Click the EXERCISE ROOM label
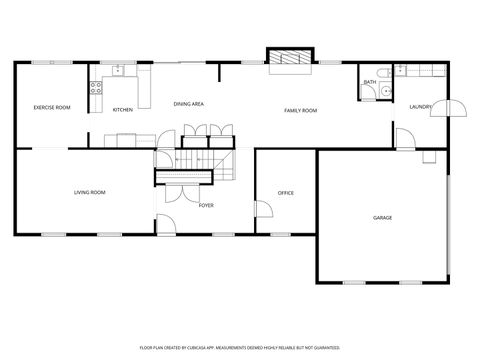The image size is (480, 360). pos(51,107)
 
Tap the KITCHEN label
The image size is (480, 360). pos(123,110)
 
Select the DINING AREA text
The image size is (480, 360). pos(189,104)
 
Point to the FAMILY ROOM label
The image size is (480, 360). pos(300,110)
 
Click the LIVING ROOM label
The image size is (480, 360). pos(89,192)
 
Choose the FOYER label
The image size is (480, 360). pos(206,205)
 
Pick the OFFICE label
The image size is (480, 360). pos(285,193)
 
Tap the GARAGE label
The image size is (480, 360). pos(382,217)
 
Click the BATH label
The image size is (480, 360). pos(370,82)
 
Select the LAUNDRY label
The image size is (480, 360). pos(421,106)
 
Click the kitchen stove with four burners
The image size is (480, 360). pos(97,87)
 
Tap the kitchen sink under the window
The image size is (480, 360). pos(118,70)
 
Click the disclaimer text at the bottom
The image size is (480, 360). pos(239,347)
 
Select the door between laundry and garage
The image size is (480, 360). pos(404,140)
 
